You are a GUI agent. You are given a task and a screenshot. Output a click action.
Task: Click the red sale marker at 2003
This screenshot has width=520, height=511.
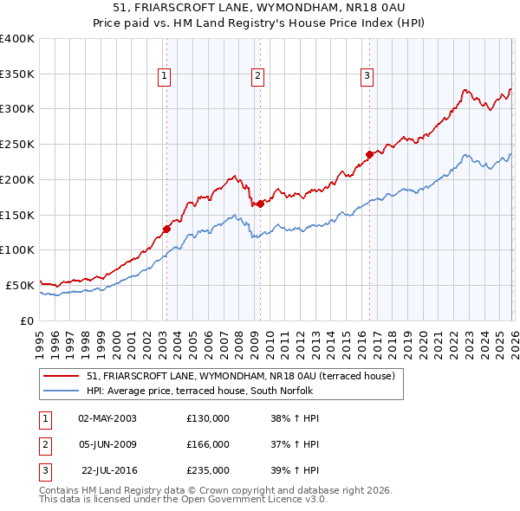coord(166,230)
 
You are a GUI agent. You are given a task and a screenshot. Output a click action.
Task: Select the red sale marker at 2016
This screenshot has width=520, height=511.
coord(369,155)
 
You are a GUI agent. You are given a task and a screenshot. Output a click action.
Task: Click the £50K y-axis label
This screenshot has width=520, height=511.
coord(20,284)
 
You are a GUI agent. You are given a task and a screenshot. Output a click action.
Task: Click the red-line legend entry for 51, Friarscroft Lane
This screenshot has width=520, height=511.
coord(240,376)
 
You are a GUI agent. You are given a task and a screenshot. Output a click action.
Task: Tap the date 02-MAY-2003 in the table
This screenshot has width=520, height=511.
coord(107,418)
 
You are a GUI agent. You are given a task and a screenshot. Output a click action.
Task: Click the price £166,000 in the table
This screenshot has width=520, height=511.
coord(208,444)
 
